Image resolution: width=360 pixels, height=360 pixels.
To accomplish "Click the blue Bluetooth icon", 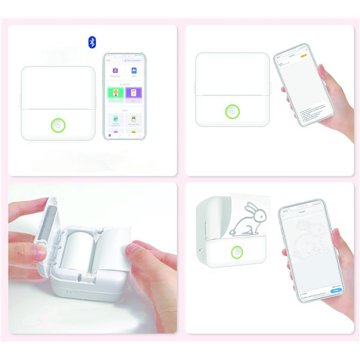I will (92, 41).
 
